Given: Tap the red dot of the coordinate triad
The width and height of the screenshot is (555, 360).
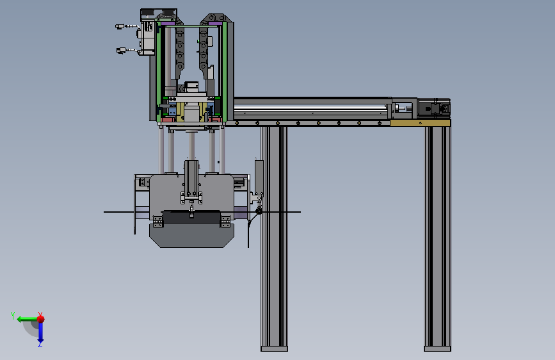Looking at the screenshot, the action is coord(41,319).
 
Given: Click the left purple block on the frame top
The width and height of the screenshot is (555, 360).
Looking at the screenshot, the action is coord(168,24).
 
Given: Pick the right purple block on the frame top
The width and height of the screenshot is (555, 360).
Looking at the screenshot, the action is coord(215,24).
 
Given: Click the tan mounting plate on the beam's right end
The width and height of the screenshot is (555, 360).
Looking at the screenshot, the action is coord(420,123).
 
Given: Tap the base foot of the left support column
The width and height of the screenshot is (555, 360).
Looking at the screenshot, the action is coord(274,348).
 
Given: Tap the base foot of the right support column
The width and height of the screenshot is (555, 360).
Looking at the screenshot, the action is coord(437,348).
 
